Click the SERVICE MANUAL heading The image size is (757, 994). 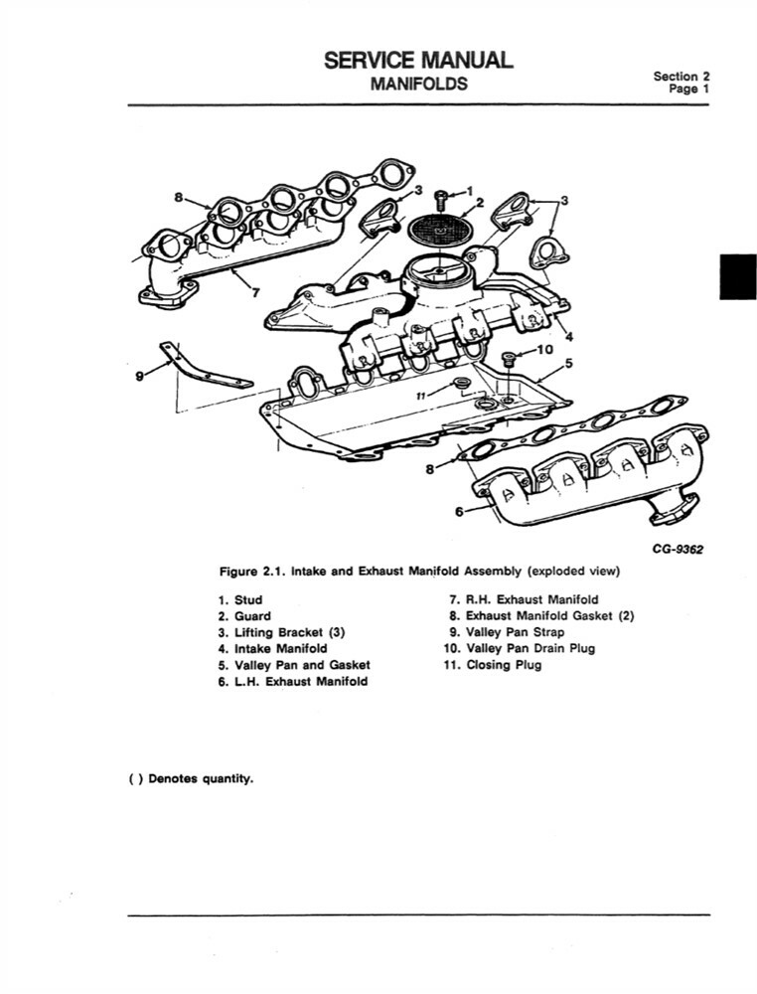click(418, 60)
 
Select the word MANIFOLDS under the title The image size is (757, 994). click(418, 83)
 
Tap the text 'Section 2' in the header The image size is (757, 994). click(681, 76)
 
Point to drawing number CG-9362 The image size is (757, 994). click(677, 548)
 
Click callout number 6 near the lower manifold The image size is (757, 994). click(459, 511)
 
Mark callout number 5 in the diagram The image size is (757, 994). click(568, 363)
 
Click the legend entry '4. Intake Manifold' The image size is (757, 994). click(272, 648)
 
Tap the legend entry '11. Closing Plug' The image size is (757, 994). click(493, 664)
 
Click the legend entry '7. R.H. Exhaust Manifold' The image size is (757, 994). click(524, 600)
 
